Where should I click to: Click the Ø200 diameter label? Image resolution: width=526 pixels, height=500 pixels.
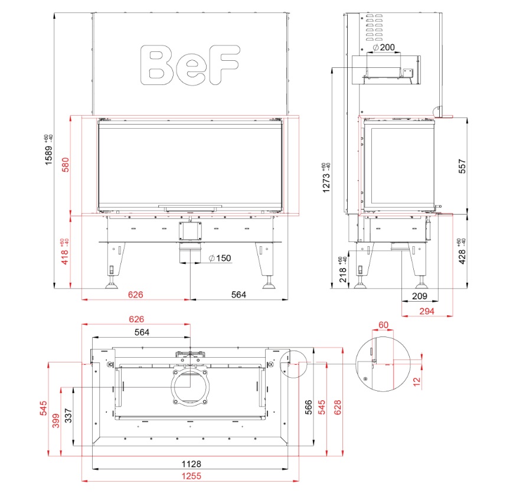(x=384, y=47)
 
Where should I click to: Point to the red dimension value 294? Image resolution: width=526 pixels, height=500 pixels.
(x=427, y=311)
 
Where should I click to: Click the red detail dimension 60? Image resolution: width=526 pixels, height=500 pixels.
(x=384, y=325)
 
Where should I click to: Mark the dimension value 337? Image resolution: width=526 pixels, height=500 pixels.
(x=68, y=417)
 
